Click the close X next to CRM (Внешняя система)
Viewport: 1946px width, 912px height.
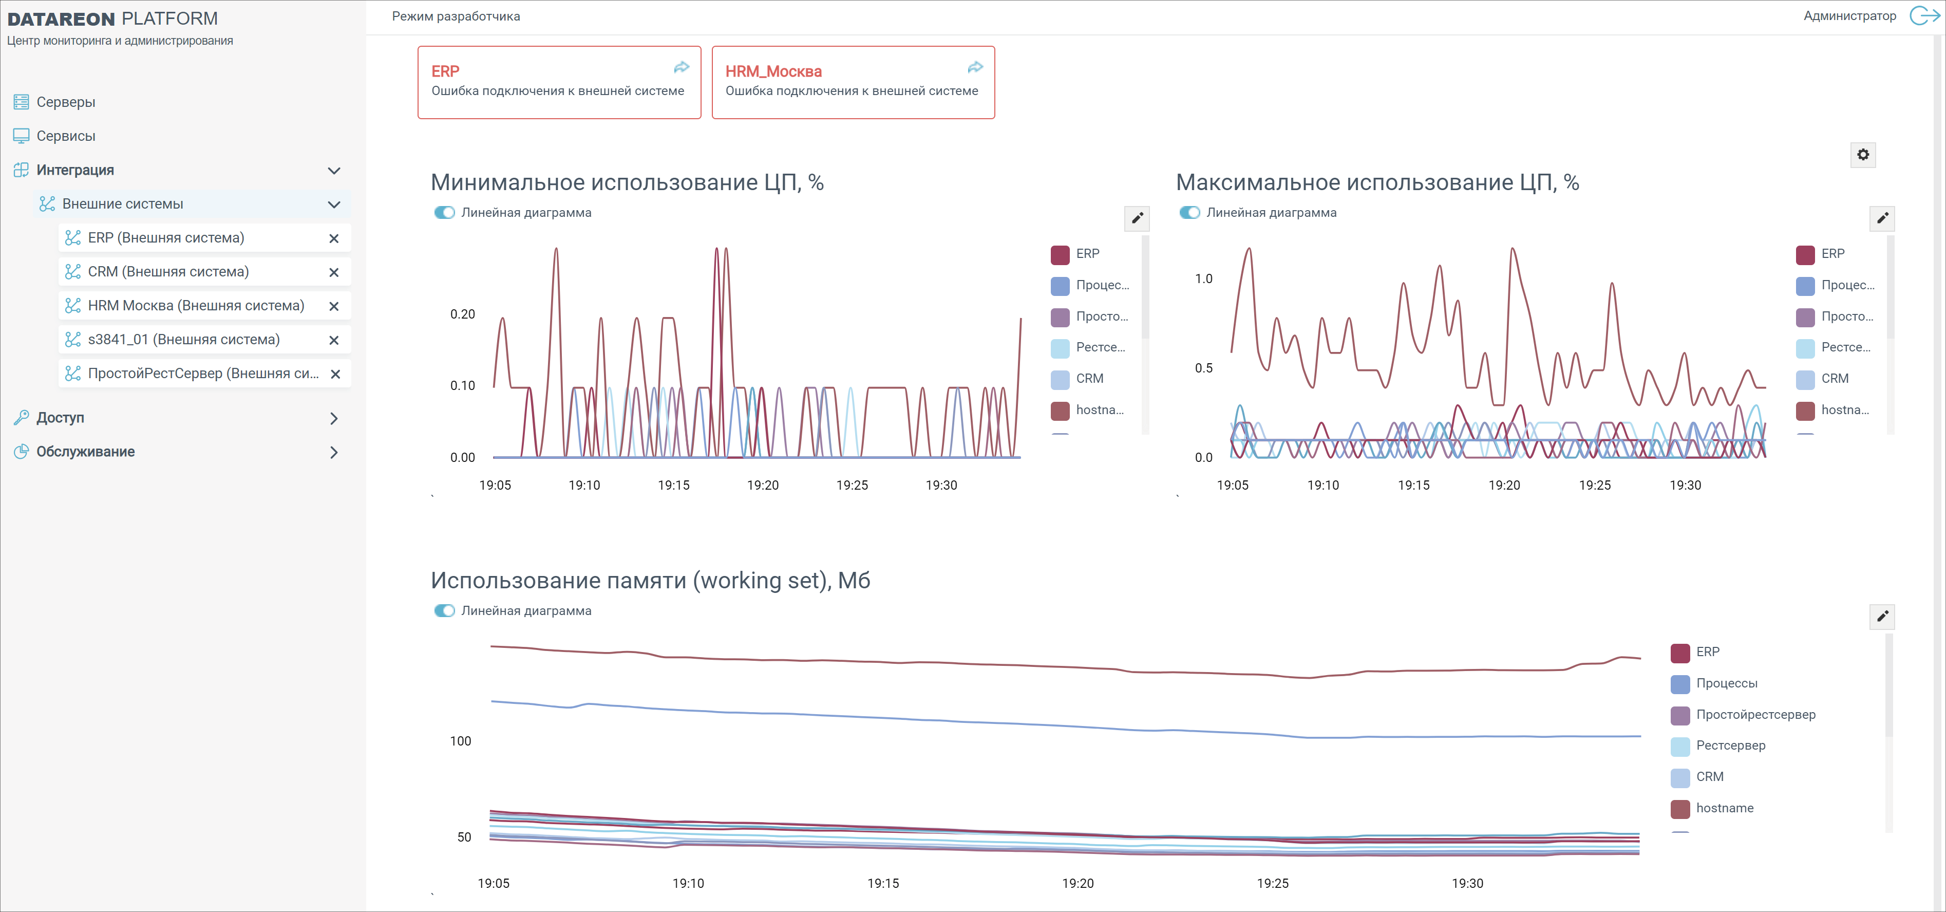(334, 272)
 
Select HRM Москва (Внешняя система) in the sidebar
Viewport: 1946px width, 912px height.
(196, 305)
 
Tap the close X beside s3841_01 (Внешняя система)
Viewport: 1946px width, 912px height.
(334, 340)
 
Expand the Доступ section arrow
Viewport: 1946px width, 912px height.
(334, 418)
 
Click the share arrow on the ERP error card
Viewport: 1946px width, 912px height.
(682, 67)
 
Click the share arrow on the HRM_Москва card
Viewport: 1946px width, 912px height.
(975, 67)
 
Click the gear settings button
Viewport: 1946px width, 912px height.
(1863, 155)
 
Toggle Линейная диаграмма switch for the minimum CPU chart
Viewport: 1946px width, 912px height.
(445, 212)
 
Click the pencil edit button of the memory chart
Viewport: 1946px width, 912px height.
(1882, 616)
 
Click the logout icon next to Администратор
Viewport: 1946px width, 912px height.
(1923, 16)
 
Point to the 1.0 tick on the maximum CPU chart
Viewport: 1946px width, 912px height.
(1203, 279)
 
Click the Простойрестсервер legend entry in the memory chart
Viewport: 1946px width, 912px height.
(1755, 715)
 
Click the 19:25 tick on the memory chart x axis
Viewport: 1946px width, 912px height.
(1273, 883)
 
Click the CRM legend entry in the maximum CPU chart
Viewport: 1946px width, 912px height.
(1834, 379)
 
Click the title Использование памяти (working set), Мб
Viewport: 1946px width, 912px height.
(650, 580)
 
